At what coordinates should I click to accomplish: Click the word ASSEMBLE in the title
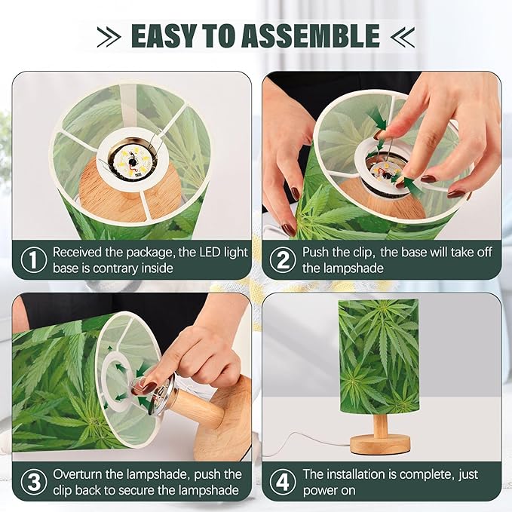tap(317, 35)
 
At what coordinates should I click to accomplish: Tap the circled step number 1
tap(33, 259)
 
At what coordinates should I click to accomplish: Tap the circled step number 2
tap(283, 259)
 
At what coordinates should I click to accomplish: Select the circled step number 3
tap(33, 482)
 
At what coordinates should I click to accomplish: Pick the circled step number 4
tap(283, 482)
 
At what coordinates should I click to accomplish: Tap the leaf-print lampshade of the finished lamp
tap(378, 354)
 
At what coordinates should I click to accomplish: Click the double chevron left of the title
tap(110, 36)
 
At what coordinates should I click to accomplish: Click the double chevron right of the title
tap(403, 36)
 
